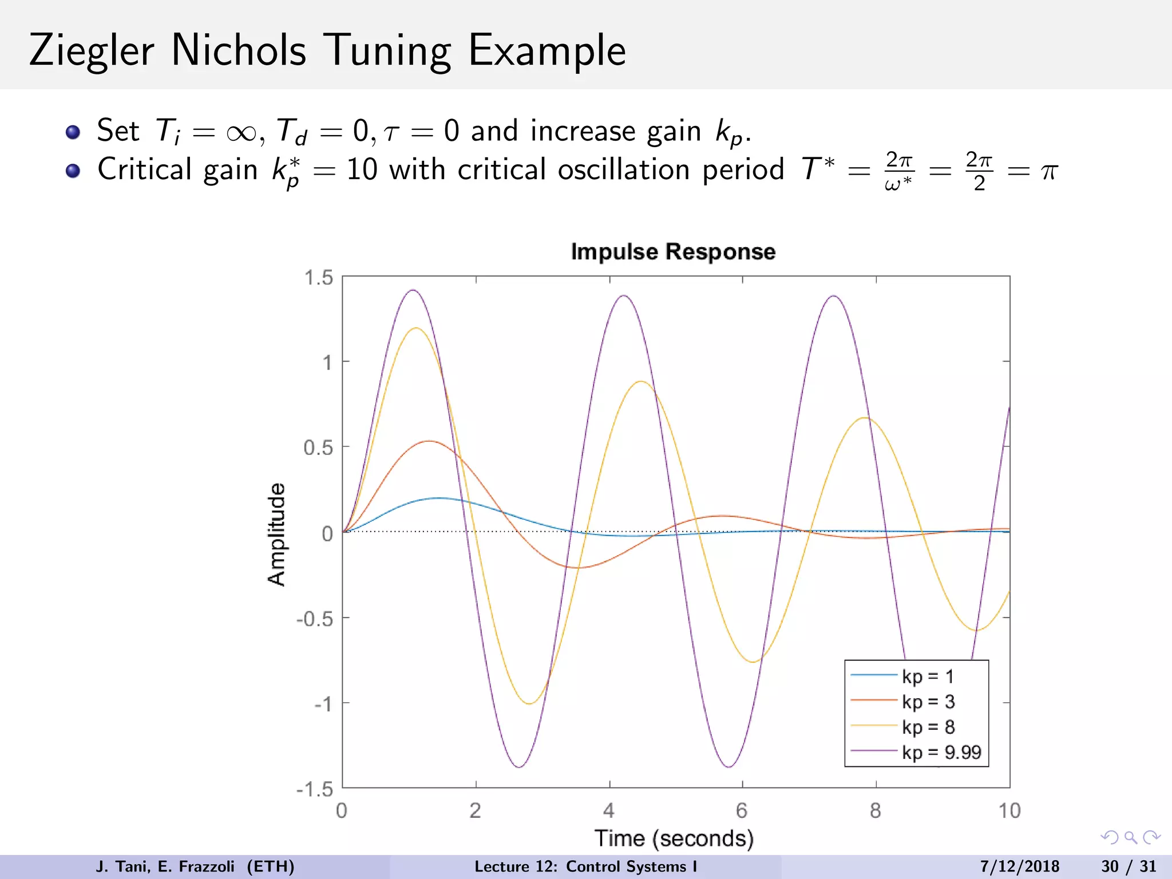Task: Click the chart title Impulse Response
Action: point(673,252)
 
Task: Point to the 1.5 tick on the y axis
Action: point(319,278)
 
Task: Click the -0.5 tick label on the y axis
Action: point(315,619)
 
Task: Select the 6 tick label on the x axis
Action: point(742,810)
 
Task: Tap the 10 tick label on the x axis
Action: point(1009,810)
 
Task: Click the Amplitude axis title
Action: point(276,534)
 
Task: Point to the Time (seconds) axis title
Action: point(674,838)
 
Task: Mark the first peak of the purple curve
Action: point(413,290)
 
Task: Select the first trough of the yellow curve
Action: point(529,703)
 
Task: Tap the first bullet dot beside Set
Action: point(73,132)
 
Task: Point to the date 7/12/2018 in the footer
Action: point(1019,866)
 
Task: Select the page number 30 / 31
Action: point(1129,866)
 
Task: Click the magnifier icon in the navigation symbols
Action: point(1130,838)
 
